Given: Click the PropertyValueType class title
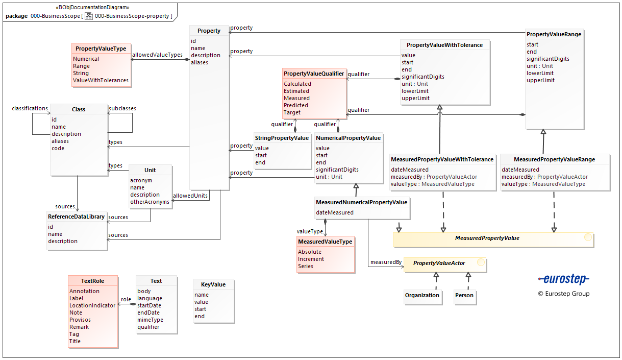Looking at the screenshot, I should tap(101, 49).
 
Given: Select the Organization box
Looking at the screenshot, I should tap(422, 295).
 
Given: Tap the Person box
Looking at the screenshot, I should tap(464, 295).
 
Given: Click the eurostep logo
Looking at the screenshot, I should tap(563, 279).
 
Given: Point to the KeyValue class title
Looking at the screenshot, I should tap(213, 284).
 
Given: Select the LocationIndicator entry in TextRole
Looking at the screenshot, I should tap(92, 305).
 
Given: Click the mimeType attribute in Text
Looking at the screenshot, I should tap(150, 320).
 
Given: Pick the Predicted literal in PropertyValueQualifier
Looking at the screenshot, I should tap(296, 105).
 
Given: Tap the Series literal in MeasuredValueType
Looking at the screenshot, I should tap(306, 266).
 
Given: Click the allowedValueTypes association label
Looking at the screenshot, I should tap(157, 55).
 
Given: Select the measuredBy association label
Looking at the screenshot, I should tap(386, 262).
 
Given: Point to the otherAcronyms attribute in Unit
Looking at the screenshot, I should tap(150, 202).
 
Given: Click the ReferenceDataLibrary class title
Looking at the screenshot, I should tap(76, 217).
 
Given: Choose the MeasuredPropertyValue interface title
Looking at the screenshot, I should tap(487, 238).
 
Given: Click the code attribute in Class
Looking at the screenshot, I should tap(58, 148).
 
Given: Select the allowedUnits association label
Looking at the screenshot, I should tap(190, 196).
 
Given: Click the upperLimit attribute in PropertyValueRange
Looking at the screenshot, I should tap(540, 80).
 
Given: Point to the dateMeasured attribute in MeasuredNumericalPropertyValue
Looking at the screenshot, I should tap(334, 212).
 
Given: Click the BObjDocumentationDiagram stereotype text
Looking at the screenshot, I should tap(92, 8).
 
